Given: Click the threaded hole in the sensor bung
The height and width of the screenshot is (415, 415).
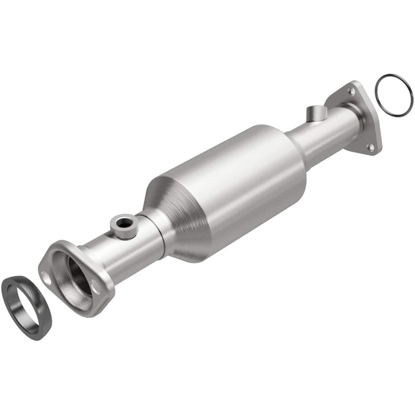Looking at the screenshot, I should pyautogui.click(x=124, y=222).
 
